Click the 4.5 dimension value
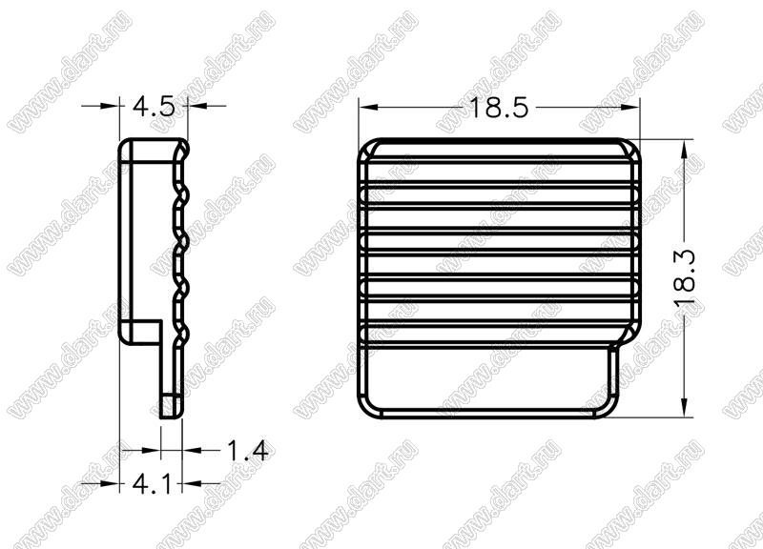154,107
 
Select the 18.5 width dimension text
498,108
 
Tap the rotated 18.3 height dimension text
685,278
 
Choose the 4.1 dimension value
153,484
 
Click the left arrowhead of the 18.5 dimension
369,107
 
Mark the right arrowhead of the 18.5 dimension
629,107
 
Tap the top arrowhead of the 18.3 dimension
685,150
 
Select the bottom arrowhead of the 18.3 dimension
685,407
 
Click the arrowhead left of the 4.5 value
110,105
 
